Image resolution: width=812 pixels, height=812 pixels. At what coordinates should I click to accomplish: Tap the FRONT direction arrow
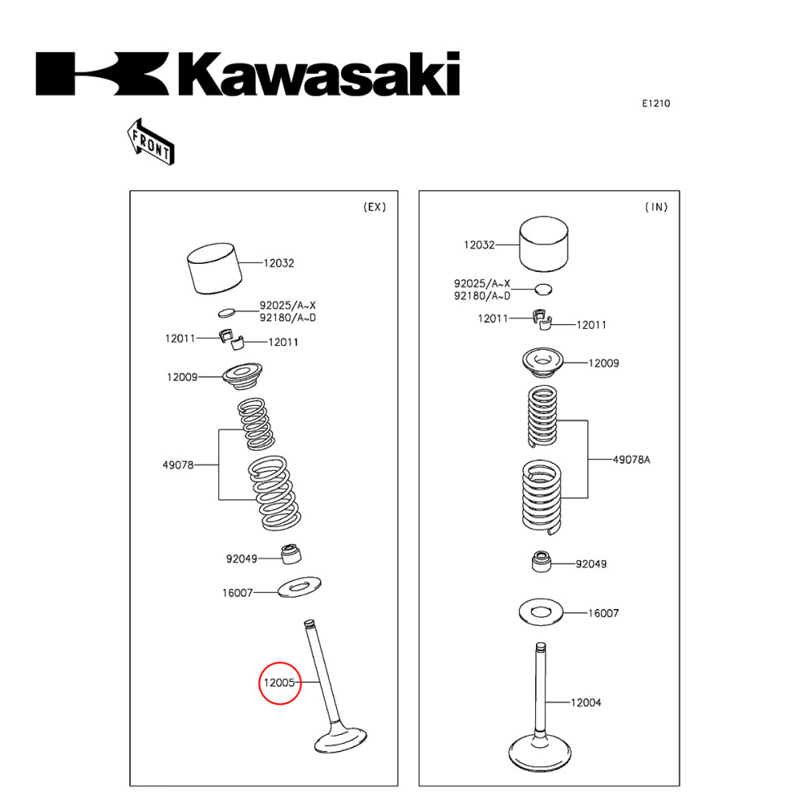coord(150,141)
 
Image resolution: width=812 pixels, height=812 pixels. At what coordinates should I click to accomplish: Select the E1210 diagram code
coord(655,103)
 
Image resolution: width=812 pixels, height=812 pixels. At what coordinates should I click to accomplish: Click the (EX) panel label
coord(374,207)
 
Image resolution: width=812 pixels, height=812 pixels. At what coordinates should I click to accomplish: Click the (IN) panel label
coord(656,207)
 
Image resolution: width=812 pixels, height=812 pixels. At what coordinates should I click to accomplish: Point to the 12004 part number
coord(585,702)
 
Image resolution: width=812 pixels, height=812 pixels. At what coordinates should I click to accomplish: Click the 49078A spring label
coord(631,460)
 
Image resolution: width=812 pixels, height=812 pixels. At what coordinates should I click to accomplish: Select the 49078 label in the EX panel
coord(178,465)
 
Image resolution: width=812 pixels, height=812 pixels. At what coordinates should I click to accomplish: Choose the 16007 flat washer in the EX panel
coord(300,585)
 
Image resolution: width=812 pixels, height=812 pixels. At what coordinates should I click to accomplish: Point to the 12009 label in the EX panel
coord(183,378)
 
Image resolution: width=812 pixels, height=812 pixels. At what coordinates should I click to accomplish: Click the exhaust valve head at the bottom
coord(339,741)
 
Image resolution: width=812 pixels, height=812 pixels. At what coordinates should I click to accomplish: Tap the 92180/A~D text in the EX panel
coord(287,317)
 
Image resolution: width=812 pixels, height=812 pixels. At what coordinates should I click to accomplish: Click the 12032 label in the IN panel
coord(480,244)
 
